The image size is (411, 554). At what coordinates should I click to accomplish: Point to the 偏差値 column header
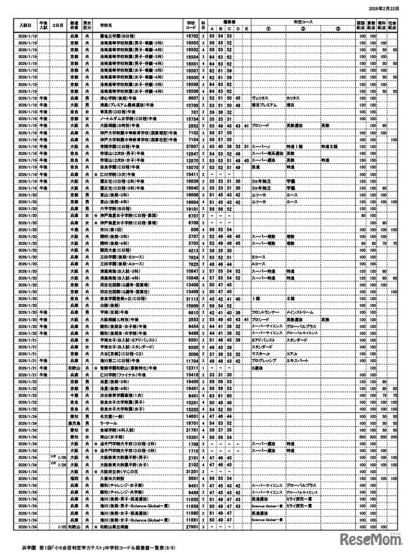click(x=229, y=21)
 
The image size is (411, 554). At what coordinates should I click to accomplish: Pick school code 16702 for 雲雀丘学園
click(x=191, y=37)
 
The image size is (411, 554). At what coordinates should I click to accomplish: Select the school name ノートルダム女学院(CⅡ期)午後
click(x=125, y=118)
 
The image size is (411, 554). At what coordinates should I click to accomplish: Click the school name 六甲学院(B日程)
click(x=116, y=209)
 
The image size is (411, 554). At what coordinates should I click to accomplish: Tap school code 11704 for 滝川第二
click(x=191, y=361)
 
